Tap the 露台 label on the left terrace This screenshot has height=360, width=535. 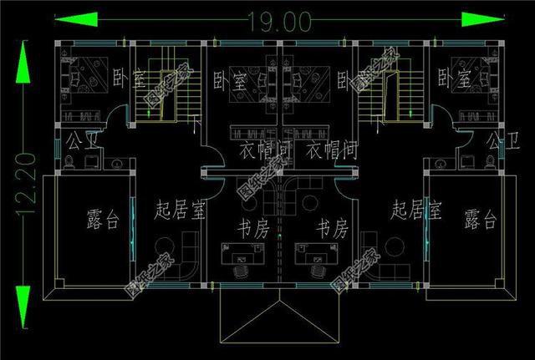[103, 220]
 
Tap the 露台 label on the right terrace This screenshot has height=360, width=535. [480, 220]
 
